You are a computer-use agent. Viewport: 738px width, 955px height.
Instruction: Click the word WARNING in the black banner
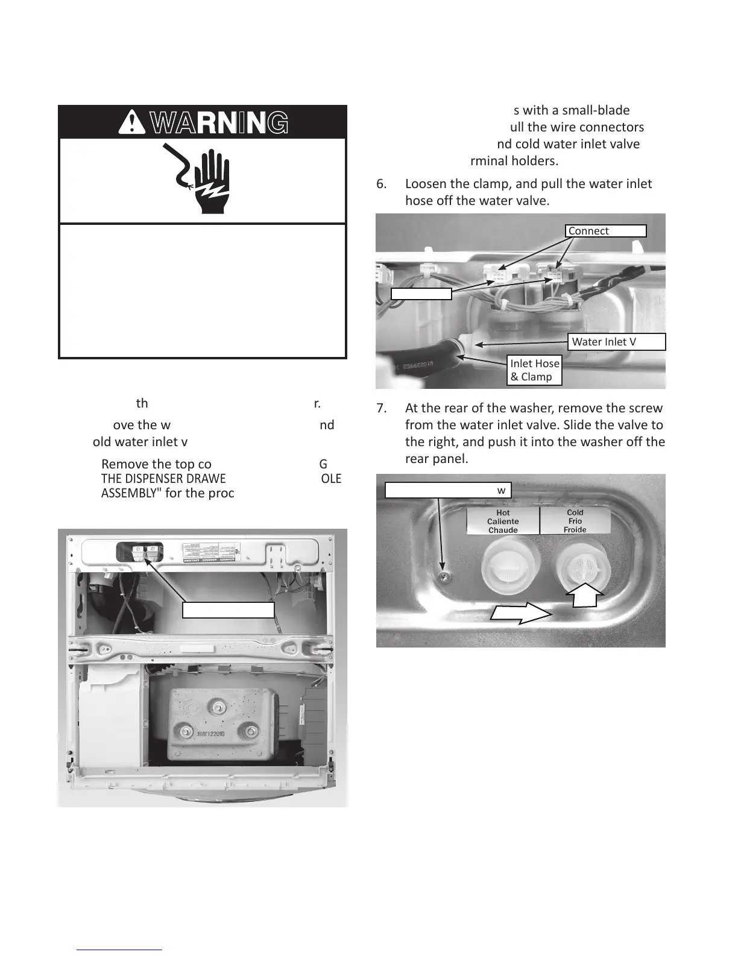218,122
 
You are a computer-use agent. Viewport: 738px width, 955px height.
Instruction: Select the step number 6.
381,183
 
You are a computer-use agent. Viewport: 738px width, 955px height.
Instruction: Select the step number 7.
381,408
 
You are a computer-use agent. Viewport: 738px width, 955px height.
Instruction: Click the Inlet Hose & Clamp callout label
535,370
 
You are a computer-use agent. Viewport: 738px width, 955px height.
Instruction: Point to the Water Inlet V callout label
617,342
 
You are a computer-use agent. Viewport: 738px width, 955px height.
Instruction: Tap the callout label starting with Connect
605,231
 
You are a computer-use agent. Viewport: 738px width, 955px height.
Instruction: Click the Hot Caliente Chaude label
503,521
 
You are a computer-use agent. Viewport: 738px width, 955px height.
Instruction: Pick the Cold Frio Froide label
575,521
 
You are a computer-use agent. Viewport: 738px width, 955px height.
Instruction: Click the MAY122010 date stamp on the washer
219,734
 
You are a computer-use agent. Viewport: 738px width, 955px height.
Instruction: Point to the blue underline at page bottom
120,950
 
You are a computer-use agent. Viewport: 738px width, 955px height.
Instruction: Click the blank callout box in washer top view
229,610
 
